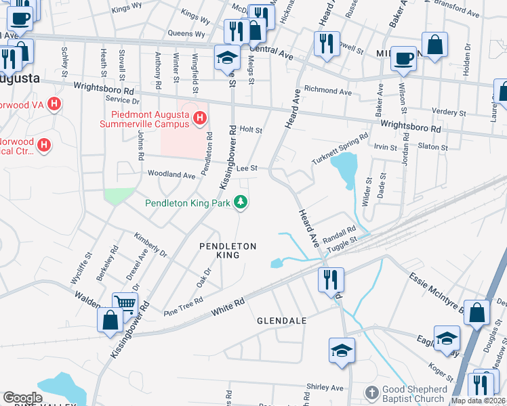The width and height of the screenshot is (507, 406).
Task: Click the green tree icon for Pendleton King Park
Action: [240, 202]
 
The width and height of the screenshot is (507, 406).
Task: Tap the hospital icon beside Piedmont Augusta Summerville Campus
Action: [199, 119]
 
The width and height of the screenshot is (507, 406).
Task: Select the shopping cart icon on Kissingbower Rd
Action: [125, 303]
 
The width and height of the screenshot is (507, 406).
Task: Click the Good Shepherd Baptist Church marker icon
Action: [371, 393]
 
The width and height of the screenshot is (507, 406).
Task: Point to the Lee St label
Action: [247, 168]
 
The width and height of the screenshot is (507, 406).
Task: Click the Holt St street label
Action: [251, 129]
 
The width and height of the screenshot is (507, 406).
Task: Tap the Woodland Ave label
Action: [171, 175]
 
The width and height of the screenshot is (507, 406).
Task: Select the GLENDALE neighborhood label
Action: [281, 320]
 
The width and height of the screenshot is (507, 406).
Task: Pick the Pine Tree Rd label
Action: [184, 307]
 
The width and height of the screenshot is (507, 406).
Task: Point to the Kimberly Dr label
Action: [150, 244]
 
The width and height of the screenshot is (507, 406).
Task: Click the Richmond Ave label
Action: [328, 90]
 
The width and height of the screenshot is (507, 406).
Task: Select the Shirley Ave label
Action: [325, 388]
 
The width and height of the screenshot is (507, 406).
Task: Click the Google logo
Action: [22, 398]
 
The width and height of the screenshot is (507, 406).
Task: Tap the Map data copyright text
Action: [479, 401]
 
